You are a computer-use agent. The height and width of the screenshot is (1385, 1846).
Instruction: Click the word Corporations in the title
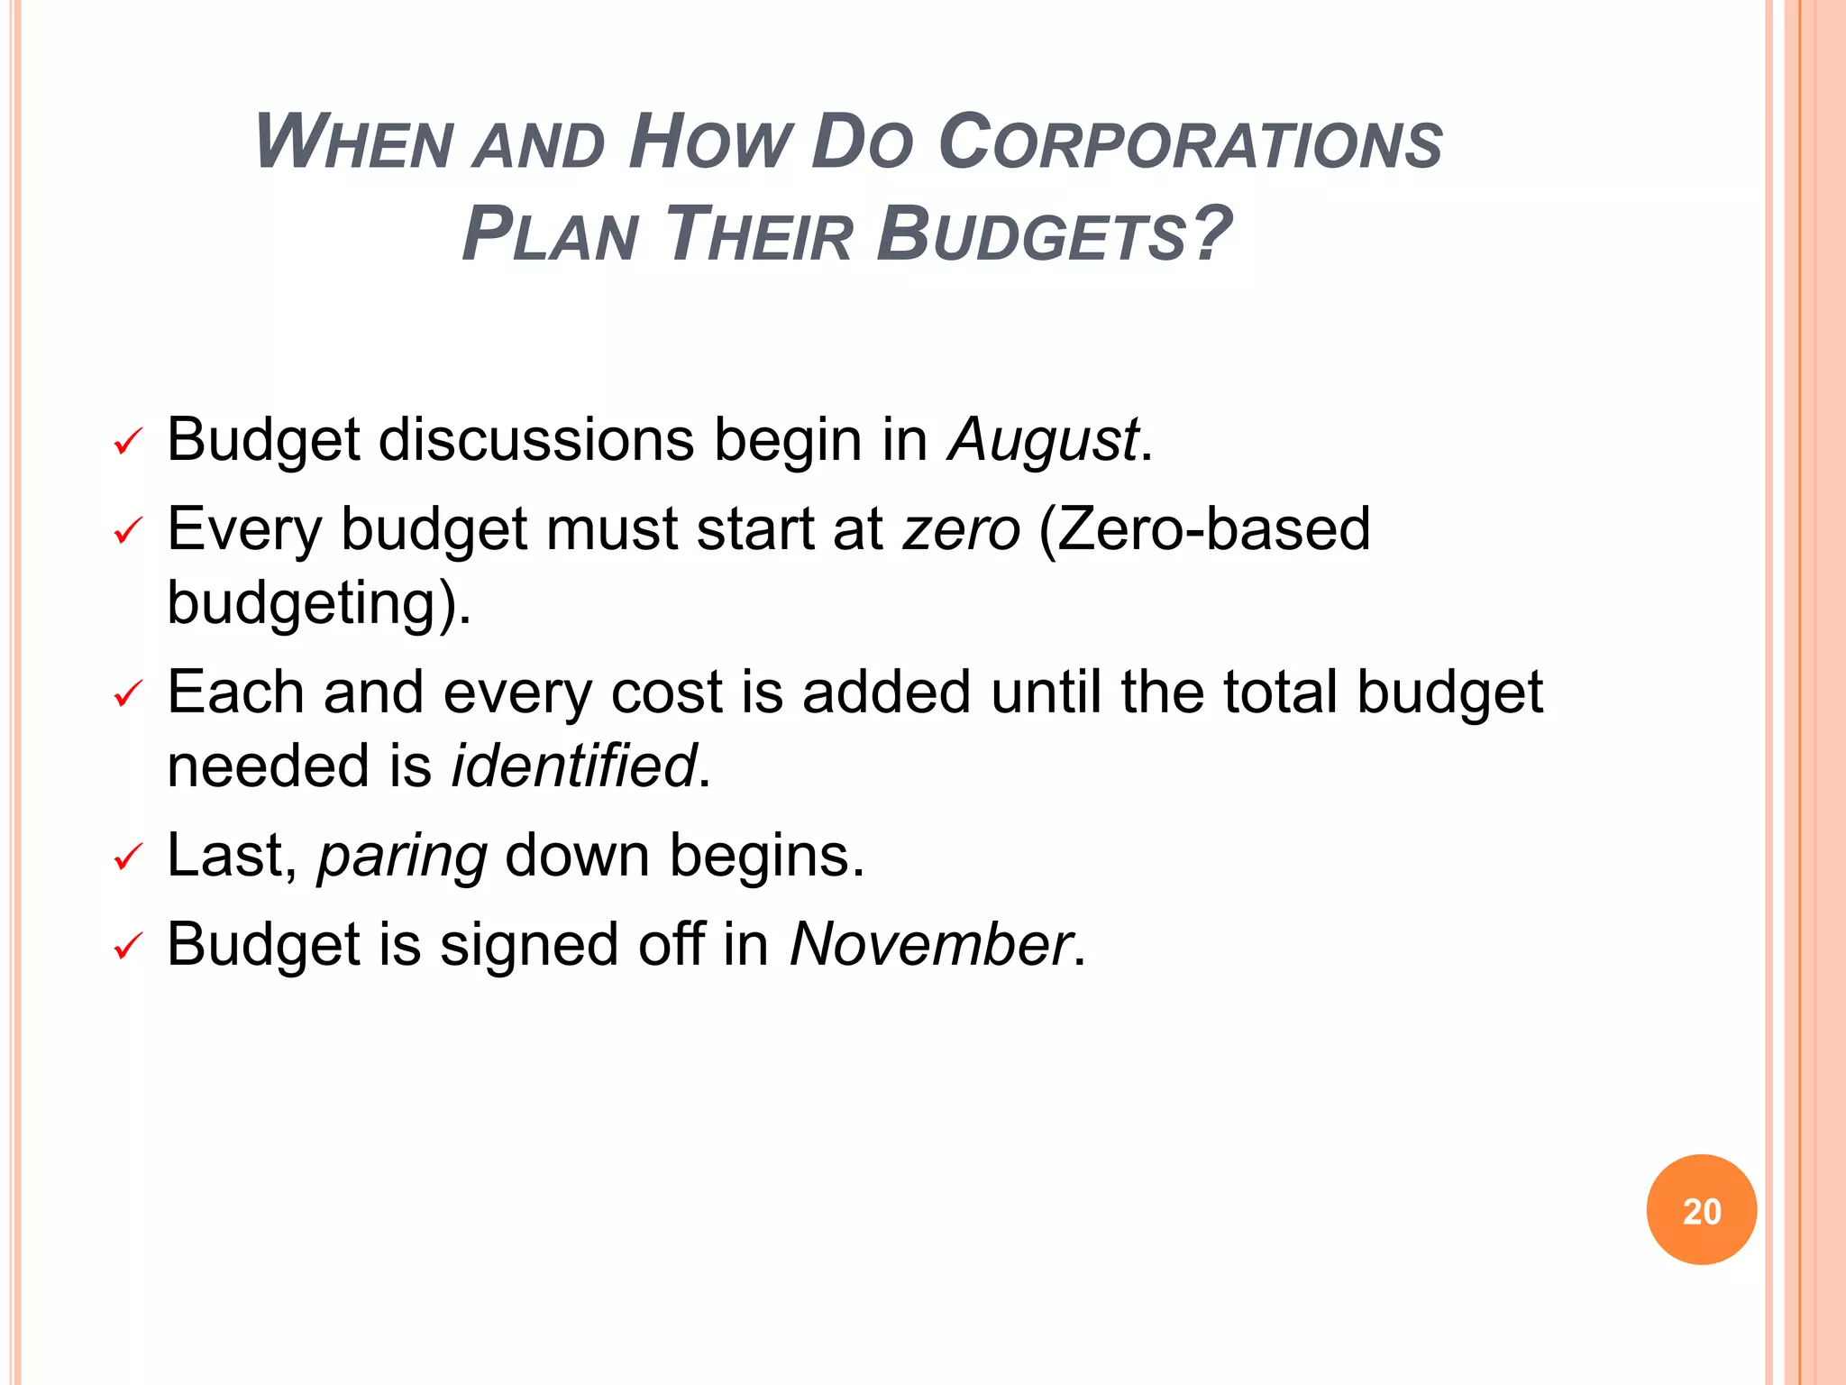point(1190,144)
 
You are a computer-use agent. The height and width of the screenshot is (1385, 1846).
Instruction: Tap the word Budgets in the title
point(1055,234)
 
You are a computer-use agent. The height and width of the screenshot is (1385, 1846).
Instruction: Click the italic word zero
point(962,530)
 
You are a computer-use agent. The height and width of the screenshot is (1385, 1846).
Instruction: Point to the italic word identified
point(574,766)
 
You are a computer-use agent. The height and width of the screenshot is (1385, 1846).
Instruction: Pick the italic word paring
point(402,857)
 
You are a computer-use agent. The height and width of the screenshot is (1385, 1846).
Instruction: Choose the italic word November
point(930,945)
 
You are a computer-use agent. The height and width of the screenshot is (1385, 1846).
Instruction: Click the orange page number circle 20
point(1701,1210)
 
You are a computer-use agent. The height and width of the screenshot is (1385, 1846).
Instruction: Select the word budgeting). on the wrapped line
point(319,604)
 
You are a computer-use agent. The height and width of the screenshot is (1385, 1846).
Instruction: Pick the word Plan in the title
point(550,234)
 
